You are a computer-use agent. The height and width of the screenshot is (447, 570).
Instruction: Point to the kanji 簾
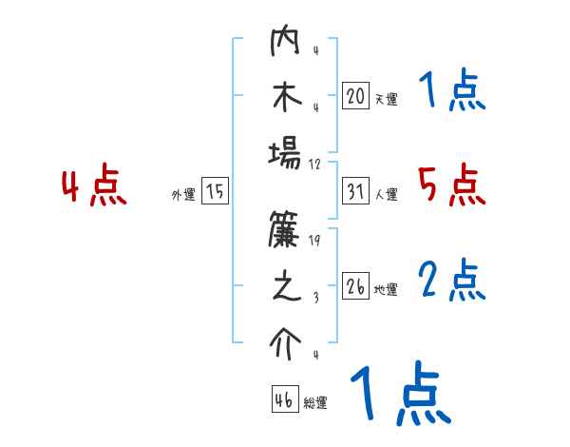tap(286, 234)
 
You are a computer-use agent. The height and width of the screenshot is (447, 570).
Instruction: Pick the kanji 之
tap(286, 288)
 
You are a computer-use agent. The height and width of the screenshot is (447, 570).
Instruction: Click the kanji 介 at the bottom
tap(286, 343)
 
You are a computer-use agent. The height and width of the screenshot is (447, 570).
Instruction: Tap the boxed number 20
tap(355, 96)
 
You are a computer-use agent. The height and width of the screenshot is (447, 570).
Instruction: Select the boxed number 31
tap(355, 192)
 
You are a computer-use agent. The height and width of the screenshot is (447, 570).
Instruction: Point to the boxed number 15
tap(215, 192)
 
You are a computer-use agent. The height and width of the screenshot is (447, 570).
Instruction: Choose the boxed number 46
tap(285, 398)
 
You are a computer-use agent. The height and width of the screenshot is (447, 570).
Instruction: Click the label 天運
tap(386, 99)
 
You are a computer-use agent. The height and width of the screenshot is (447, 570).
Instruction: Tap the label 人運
tap(386, 195)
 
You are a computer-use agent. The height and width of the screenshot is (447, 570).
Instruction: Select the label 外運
tap(182, 195)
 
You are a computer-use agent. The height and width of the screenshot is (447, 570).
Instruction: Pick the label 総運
tap(315, 402)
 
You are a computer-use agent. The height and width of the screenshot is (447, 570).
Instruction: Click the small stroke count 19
tap(315, 242)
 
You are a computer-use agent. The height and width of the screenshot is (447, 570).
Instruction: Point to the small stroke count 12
tap(315, 163)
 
